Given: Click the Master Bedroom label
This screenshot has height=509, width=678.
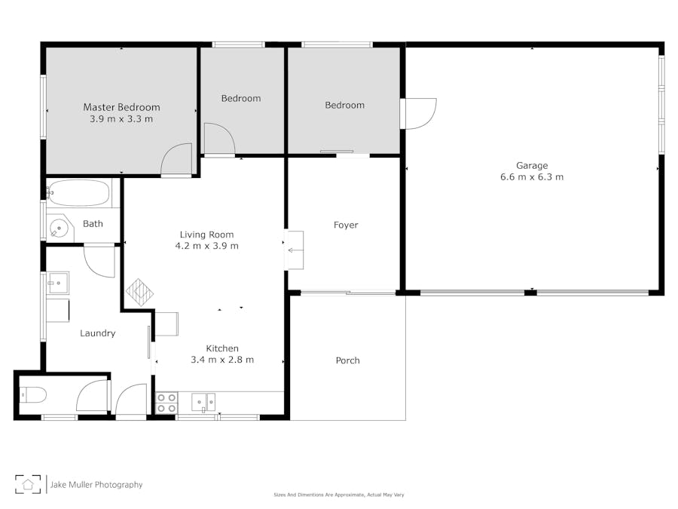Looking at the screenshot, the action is (121, 107).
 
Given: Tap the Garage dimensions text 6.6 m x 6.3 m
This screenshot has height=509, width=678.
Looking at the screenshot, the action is (532, 176).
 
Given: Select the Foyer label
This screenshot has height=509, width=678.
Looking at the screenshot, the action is (346, 225).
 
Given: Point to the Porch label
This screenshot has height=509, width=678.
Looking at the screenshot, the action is (347, 360).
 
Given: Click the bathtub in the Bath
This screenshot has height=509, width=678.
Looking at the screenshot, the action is (78, 193).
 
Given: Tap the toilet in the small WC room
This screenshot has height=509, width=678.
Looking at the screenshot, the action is (33, 394).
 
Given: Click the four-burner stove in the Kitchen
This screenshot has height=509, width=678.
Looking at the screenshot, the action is (166, 403).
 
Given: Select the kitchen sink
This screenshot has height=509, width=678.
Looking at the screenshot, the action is (203, 402).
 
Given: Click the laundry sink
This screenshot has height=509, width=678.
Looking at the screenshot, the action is (57, 283).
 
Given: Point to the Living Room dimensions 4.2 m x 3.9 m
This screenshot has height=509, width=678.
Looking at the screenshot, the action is (206, 246).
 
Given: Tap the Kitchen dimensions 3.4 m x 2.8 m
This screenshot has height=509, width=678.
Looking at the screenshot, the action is (222, 360).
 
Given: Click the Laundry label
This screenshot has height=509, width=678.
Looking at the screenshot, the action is (98, 333).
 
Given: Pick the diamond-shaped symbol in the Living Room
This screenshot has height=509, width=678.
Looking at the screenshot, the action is (139, 292).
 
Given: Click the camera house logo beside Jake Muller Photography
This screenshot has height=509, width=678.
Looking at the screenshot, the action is (28, 484).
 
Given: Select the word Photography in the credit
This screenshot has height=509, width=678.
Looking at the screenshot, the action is (118, 485).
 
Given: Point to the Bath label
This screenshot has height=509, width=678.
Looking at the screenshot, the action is (93, 224).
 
